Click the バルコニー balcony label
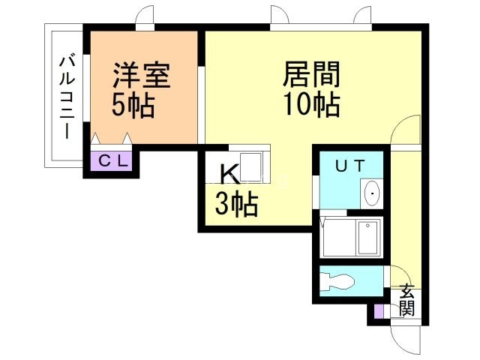pos(66,96)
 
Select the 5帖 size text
pos(133,106)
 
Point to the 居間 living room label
pos(311,75)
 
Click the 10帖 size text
pos(311,105)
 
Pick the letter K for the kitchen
pos(229,174)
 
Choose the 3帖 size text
pos(236,203)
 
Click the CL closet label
pos(114,160)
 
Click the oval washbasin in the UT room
pos(372,195)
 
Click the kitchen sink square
pos(251,165)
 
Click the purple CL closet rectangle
pos(114,160)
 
